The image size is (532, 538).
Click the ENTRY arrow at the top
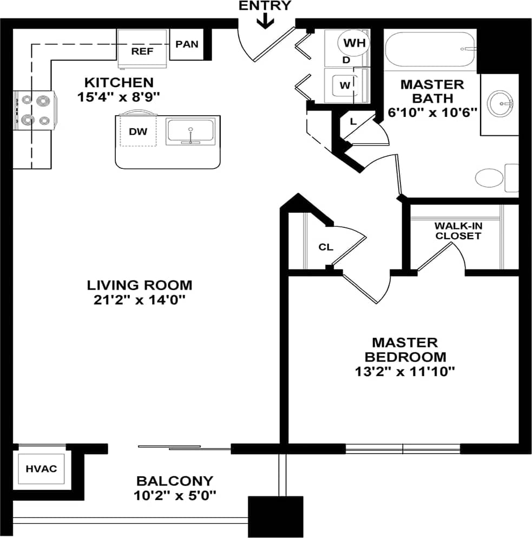265,21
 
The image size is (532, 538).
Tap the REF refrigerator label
142,52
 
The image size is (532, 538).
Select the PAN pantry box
187,44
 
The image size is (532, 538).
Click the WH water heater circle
354,42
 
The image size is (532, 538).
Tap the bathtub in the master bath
430,49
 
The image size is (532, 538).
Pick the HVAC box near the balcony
41,469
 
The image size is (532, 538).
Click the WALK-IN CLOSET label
458,231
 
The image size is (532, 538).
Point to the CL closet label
325,247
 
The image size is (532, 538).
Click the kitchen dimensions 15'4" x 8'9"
119,97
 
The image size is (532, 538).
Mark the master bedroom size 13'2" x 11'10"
405,371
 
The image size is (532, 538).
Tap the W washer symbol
345,85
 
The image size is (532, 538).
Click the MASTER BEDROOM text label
405,350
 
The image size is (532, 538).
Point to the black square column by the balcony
275,516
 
